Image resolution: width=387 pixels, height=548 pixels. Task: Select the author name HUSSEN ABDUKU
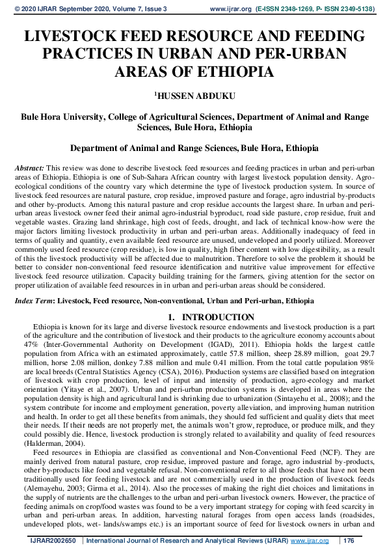coord(195,95)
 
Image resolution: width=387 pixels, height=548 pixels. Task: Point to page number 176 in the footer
coord(348,541)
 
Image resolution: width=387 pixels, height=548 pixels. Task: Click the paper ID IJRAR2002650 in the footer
coord(53,541)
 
